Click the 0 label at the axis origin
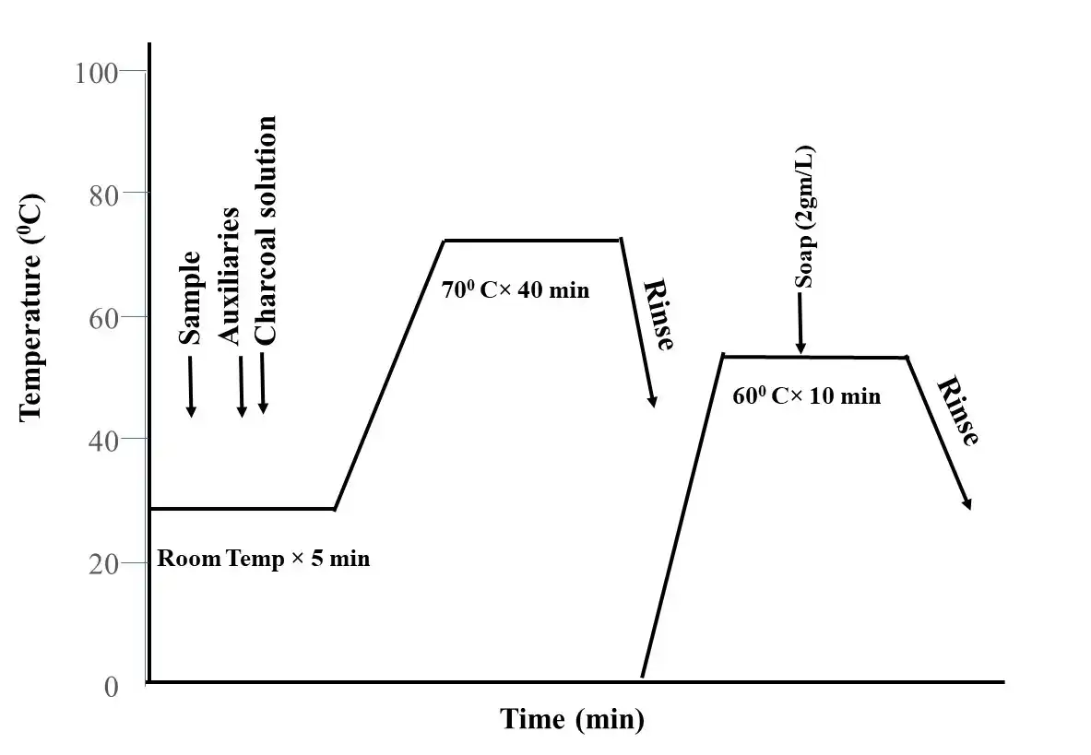point(112,687)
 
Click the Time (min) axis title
point(572,719)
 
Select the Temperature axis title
point(31,306)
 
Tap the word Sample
point(190,298)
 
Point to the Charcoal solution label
point(265,230)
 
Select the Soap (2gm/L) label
point(805,217)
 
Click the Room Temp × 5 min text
point(264,559)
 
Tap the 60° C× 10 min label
point(806,396)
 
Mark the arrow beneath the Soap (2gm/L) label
point(800,323)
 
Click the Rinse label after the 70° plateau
point(658,314)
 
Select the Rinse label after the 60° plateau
point(957,411)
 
